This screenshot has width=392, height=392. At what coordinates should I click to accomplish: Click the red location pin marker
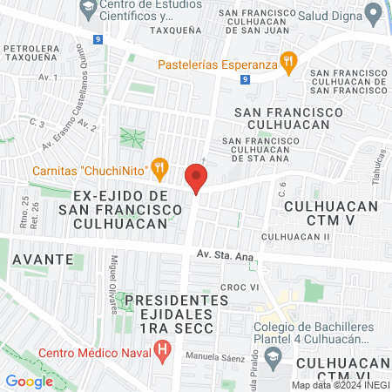tap(196, 179)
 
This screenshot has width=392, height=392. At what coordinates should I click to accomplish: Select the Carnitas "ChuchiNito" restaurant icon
tap(159, 167)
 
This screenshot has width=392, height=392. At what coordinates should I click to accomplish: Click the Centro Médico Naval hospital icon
tap(162, 352)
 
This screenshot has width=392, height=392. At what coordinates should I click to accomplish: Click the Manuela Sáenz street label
tap(213, 357)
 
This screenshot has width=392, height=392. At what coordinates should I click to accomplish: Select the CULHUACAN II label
tap(296, 236)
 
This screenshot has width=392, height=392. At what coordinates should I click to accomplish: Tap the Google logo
tap(29, 381)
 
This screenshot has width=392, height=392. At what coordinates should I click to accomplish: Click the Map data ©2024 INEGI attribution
tap(340, 385)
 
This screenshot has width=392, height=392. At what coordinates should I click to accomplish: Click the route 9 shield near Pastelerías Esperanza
tap(246, 78)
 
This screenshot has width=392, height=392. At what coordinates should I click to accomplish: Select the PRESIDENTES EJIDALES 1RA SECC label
tap(175, 313)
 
